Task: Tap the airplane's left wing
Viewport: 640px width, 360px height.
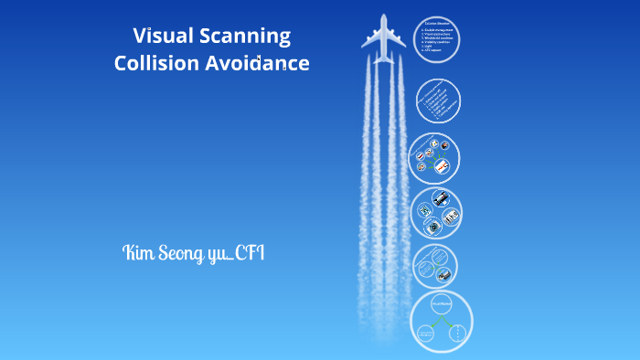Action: click(x=369, y=37)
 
